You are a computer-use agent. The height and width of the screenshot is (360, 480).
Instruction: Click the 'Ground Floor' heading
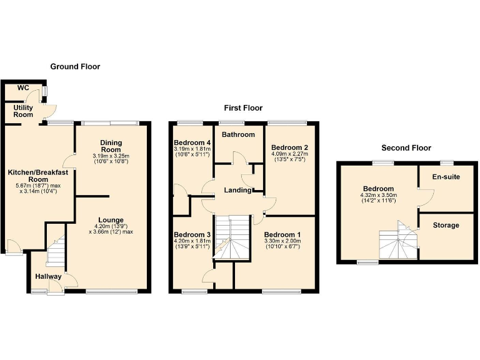(75, 66)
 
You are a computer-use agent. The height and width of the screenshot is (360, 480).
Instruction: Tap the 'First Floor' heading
(244, 108)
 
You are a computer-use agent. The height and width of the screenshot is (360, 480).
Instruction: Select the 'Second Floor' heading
(406, 148)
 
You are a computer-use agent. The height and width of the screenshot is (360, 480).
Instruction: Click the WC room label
(24, 88)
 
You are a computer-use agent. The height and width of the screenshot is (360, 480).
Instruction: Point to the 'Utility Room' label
(23, 111)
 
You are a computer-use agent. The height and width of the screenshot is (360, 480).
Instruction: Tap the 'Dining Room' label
(111, 146)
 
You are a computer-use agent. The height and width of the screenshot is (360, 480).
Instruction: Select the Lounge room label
(110, 219)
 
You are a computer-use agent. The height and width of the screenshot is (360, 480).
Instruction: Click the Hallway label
(48, 276)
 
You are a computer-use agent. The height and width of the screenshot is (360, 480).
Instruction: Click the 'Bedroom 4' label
(191, 143)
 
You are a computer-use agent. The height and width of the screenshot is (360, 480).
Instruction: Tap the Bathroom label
(239, 134)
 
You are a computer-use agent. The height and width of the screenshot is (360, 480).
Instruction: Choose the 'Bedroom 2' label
(289, 147)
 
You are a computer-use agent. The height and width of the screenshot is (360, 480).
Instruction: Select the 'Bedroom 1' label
(281, 235)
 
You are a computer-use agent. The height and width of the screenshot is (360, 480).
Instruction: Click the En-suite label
(446, 177)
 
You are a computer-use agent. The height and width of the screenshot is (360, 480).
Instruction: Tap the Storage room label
(446, 225)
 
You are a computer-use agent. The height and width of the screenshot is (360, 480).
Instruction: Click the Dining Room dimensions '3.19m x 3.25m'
(111, 156)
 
